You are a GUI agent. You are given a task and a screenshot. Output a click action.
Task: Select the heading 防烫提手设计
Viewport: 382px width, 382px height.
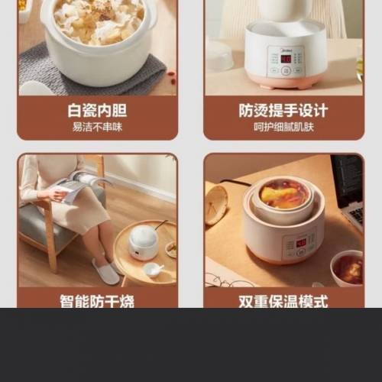(x=284, y=110)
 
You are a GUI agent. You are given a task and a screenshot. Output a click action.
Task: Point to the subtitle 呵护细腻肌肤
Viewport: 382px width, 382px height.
(x=284, y=127)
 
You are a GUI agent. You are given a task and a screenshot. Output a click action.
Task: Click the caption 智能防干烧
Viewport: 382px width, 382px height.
(x=97, y=300)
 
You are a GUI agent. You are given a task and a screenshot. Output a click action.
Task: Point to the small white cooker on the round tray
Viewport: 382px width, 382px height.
(x=143, y=244)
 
